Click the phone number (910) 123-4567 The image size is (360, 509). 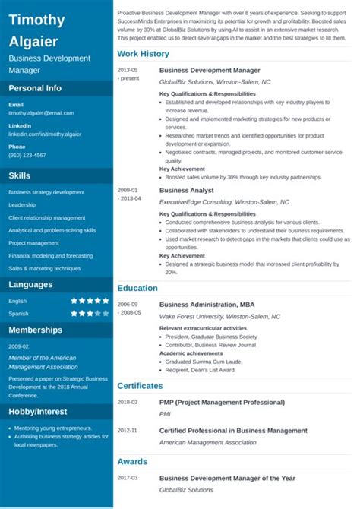pos(27,155)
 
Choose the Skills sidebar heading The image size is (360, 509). pos(20,175)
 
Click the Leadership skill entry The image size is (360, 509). pos(22,205)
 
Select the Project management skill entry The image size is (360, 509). pos(33,243)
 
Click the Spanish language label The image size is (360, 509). pos(18,313)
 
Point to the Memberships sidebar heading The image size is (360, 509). pos(36,330)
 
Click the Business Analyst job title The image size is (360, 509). pos(187,191)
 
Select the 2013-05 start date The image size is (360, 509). pos(128,70)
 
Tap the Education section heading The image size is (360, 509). pos(137,289)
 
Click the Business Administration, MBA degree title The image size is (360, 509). pos(207,304)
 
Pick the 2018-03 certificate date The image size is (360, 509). pos(128,402)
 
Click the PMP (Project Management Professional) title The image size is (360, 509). pos(222,402)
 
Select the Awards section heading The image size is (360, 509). pos(132,461)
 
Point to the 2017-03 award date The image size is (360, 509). pos(128,478)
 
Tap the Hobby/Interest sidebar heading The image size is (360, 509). pos(39,411)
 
